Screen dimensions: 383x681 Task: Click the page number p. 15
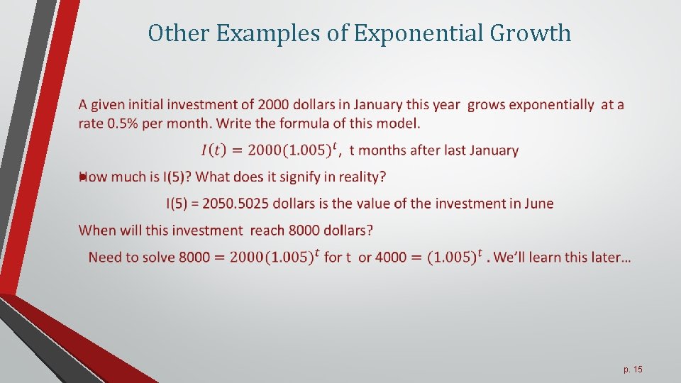(633, 370)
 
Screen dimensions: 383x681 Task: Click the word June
(537, 204)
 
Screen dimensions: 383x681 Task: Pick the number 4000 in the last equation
(391, 257)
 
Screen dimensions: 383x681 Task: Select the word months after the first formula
(386, 150)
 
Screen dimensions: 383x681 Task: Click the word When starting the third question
(98, 230)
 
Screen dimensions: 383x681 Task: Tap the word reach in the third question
(267, 230)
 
